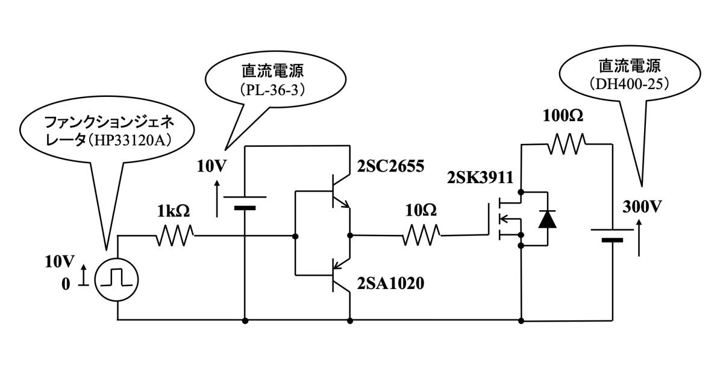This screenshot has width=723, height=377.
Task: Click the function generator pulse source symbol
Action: coord(116,279)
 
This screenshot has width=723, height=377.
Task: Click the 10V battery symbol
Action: coord(245,202)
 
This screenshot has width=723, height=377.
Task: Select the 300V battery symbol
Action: coord(612,234)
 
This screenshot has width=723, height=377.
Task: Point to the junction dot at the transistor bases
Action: coord(295,235)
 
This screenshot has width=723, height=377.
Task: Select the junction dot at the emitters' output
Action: coord(349,235)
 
